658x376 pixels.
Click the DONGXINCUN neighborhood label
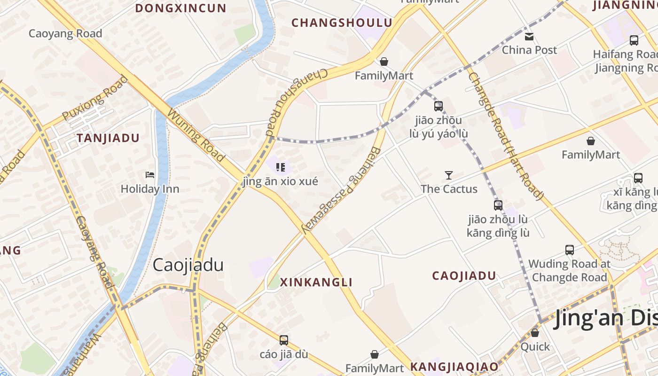pyautogui.click(x=181, y=8)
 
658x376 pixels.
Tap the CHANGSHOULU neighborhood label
pyautogui.click(x=342, y=23)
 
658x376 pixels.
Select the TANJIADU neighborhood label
pyautogui.click(x=108, y=138)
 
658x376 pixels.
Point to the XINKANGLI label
pyautogui.click(x=316, y=282)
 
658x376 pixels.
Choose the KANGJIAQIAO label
pyautogui.click(x=454, y=366)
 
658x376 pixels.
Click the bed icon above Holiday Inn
pyautogui.click(x=150, y=175)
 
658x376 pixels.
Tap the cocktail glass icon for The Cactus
pyautogui.click(x=449, y=175)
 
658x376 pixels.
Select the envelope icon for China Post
pyautogui.click(x=529, y=36)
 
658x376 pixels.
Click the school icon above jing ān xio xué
pyautogui.click(x=281, y=167)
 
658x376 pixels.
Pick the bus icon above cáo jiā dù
pyautogui.click(x=283, y=340)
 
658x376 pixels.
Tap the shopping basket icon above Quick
pyautogui.click(x=535, y=333)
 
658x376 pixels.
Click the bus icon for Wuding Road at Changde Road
pyautogui.click(x=570, y=250)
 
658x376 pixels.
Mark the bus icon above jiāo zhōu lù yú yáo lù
pyautogui.click(x=439, y=106)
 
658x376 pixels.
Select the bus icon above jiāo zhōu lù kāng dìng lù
pyautogui.click(x=498, y=205)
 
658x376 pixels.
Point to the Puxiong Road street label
pyautogui.click(x=95, y=98)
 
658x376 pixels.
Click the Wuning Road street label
pyautogui.click(x=196, y=136)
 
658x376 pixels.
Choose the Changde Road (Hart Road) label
pyautogui.click(x=505, y=136)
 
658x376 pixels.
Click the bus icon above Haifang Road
pyautogui.click(x=634, y=40)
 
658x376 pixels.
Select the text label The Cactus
pyautogui.click(x=449, y=189)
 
